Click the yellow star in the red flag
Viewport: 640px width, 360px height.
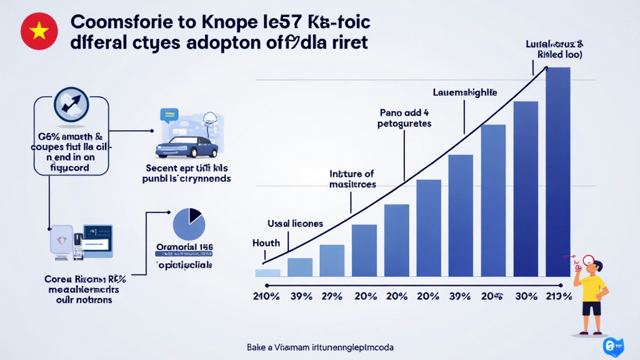[39, 32]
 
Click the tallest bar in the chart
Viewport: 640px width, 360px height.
[557, 171]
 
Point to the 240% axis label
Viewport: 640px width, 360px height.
[266, 296]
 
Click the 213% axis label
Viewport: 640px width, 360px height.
[557, 296]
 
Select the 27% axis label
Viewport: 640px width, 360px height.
[332, 296]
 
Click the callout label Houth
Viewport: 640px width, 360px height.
[266, 242]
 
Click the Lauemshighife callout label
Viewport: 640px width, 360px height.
[465, 92]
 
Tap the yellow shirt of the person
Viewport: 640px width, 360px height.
[592, 289]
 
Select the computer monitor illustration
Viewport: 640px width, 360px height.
[97, 241]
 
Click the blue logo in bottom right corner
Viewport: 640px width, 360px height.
[611, 347]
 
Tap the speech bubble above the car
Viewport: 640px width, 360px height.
[169, 114]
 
